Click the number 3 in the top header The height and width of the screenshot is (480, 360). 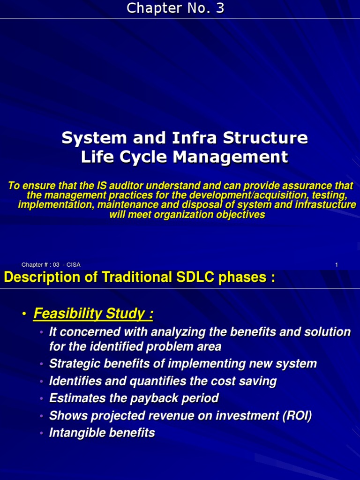pyautogui.click(x=219, y=8)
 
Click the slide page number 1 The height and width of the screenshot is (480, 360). pyautogui.click(x=336, y=265)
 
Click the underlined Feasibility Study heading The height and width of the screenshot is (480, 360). pyautogui.click(x=93, y=314)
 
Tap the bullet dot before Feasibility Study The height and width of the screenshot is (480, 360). pyautogui.click(x=23, y=315)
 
